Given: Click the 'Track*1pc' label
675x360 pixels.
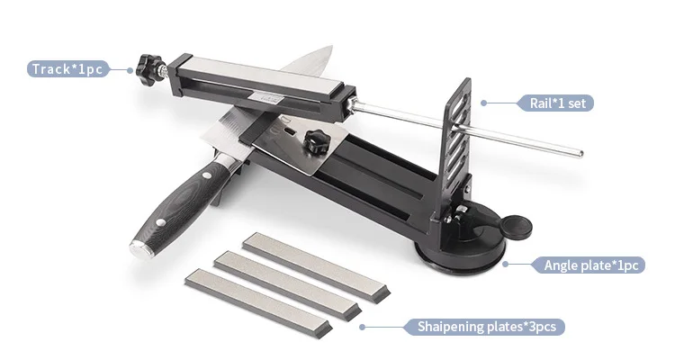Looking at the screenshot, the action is pyautogui.click(x=67, y=69).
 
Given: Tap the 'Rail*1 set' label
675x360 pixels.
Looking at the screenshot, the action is pyautogui.click(x=557, y=103).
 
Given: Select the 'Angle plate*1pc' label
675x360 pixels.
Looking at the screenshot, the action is pyautogui.click(x=590, y=265).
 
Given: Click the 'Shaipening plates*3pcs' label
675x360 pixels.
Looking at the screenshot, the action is pyautogui.click(x=486, y=327).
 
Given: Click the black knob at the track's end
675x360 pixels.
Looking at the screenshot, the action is pyautogui.click(x=148, y=70).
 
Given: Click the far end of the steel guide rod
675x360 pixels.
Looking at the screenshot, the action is pyautogui.click(x=580, y=154).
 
